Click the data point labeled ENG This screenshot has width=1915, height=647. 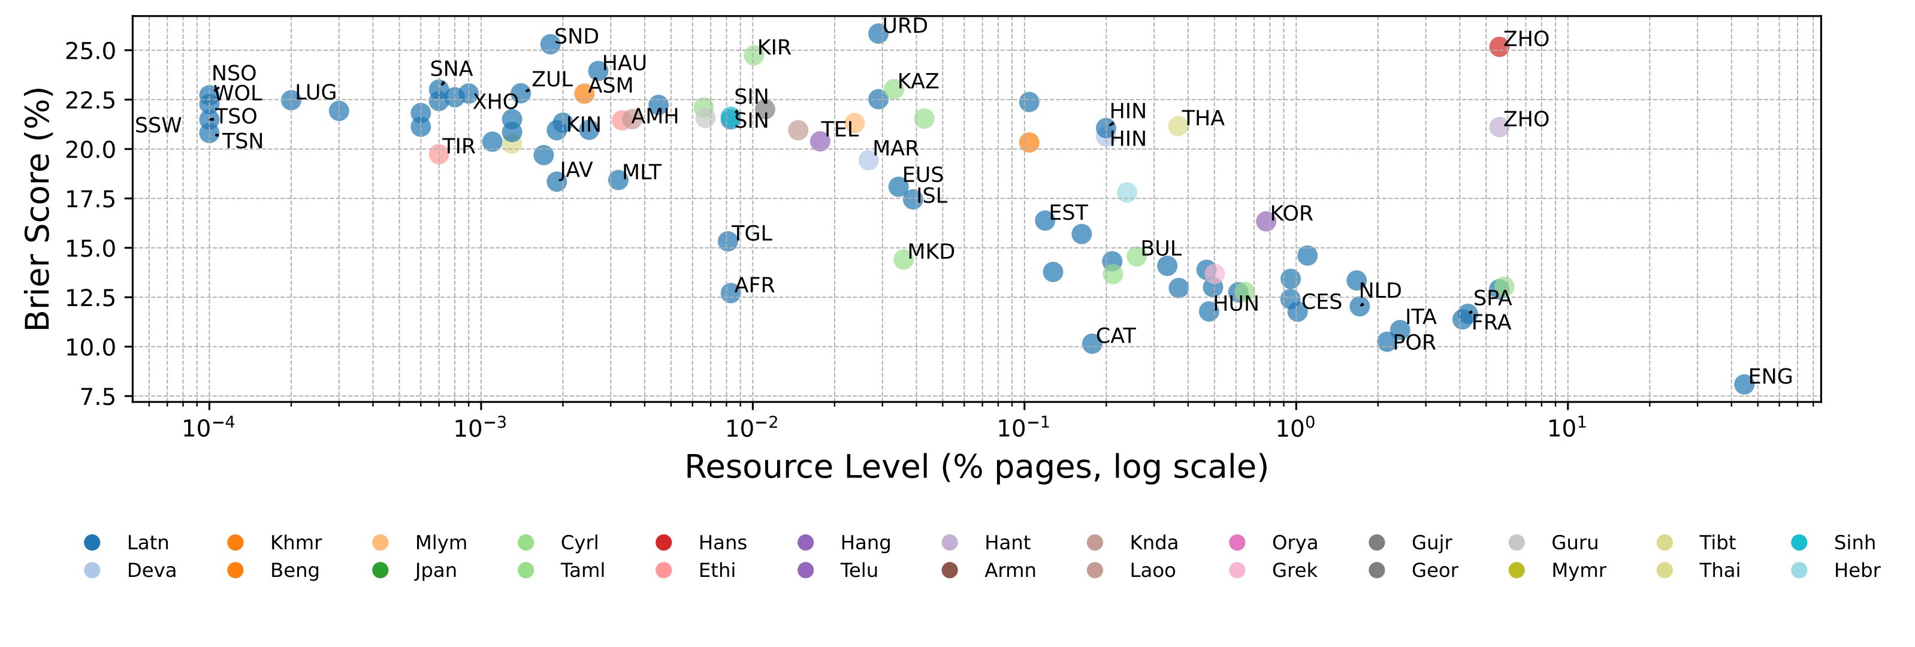1744,384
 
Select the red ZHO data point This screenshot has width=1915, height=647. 1499,47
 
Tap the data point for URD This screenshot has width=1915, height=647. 878,34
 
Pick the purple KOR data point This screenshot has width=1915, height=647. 1266,221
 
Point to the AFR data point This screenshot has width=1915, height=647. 731,293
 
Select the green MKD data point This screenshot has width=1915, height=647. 903,259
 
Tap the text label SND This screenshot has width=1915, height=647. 576,37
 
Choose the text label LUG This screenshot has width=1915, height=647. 315,92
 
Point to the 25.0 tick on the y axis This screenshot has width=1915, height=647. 90,50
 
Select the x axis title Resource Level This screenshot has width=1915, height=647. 975,467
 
